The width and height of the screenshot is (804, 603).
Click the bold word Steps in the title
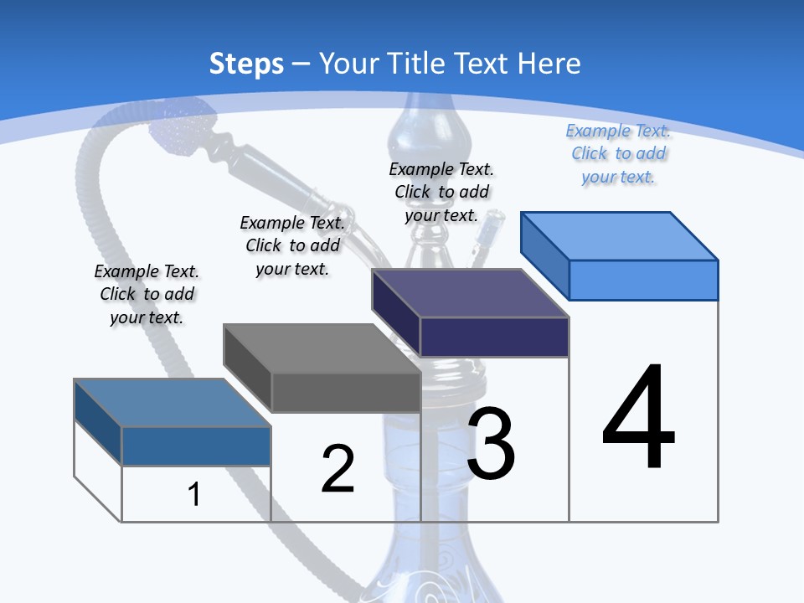coord(246,64)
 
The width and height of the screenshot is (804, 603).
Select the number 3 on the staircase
coord(491,443)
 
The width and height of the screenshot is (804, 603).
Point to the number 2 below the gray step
coord(338,469)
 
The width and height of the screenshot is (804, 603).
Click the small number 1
coord(193,494)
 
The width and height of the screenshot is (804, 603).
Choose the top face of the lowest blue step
coord(173,403)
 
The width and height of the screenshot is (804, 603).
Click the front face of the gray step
coord(346,392)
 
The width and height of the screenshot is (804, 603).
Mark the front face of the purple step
coord(494,337)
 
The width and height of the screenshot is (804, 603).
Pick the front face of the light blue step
coord(643,280)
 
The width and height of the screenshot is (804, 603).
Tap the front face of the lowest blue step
coord(196,446)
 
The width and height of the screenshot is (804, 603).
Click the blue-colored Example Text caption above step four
coord(618,154)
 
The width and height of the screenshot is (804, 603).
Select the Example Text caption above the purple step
coord(441,192)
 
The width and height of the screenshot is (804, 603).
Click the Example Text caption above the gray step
coord(292,245)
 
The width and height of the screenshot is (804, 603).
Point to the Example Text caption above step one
coord(147,294)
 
